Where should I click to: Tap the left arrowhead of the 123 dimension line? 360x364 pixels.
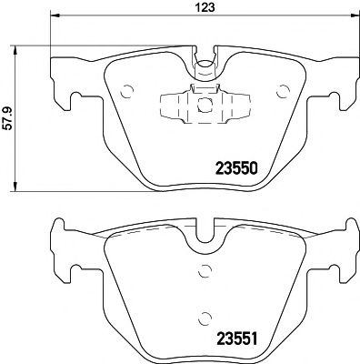click(x=54, y=16)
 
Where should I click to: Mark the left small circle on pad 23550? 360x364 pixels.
click(x=126, y=90)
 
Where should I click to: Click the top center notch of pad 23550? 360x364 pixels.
click(x=205, y=65)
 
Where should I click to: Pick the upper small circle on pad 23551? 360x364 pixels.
click(x=205, y=269)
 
